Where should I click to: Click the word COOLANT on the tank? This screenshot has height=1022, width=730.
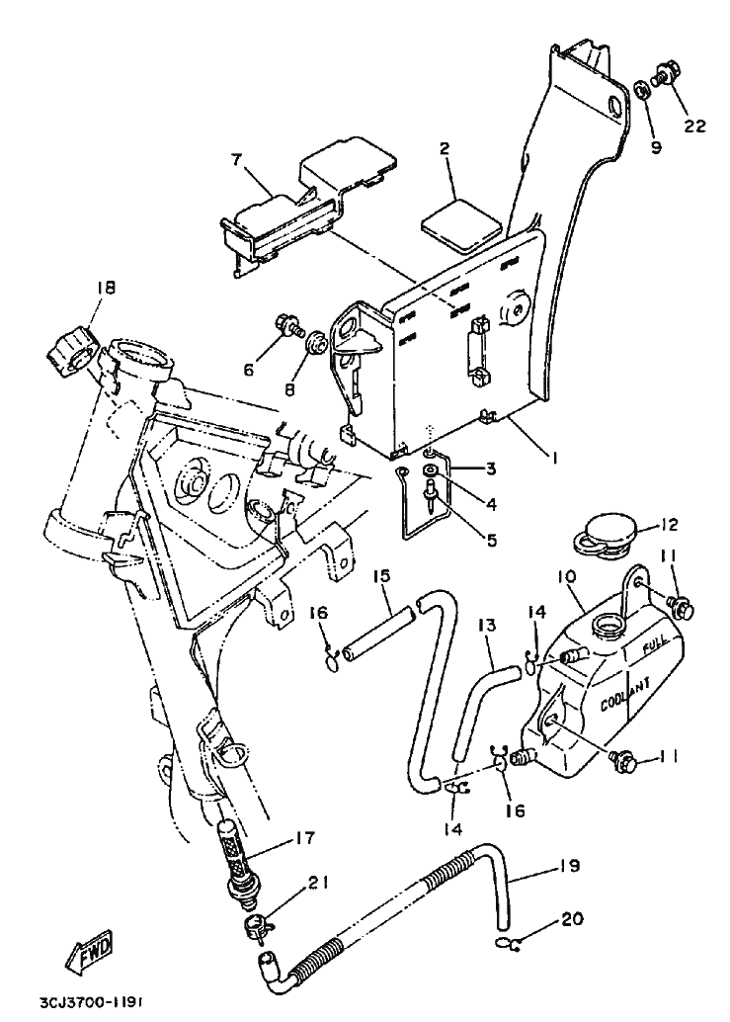click(625, 696)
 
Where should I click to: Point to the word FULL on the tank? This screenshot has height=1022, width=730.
click(655, 646)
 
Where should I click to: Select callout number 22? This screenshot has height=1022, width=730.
click(694, 126)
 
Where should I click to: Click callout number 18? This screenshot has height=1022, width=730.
click(106, 287)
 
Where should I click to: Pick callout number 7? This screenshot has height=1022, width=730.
click(235, 159)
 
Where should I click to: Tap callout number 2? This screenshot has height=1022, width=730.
click(445, 149)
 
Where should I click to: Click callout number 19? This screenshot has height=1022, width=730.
click(569, 866)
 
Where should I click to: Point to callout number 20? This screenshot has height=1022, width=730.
click(572, 919)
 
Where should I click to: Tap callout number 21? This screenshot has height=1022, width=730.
click(318, 883)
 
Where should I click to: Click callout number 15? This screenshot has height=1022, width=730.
click(381, 576)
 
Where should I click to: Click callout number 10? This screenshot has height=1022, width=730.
click(566, 577)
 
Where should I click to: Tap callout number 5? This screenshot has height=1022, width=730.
click(491, 540)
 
